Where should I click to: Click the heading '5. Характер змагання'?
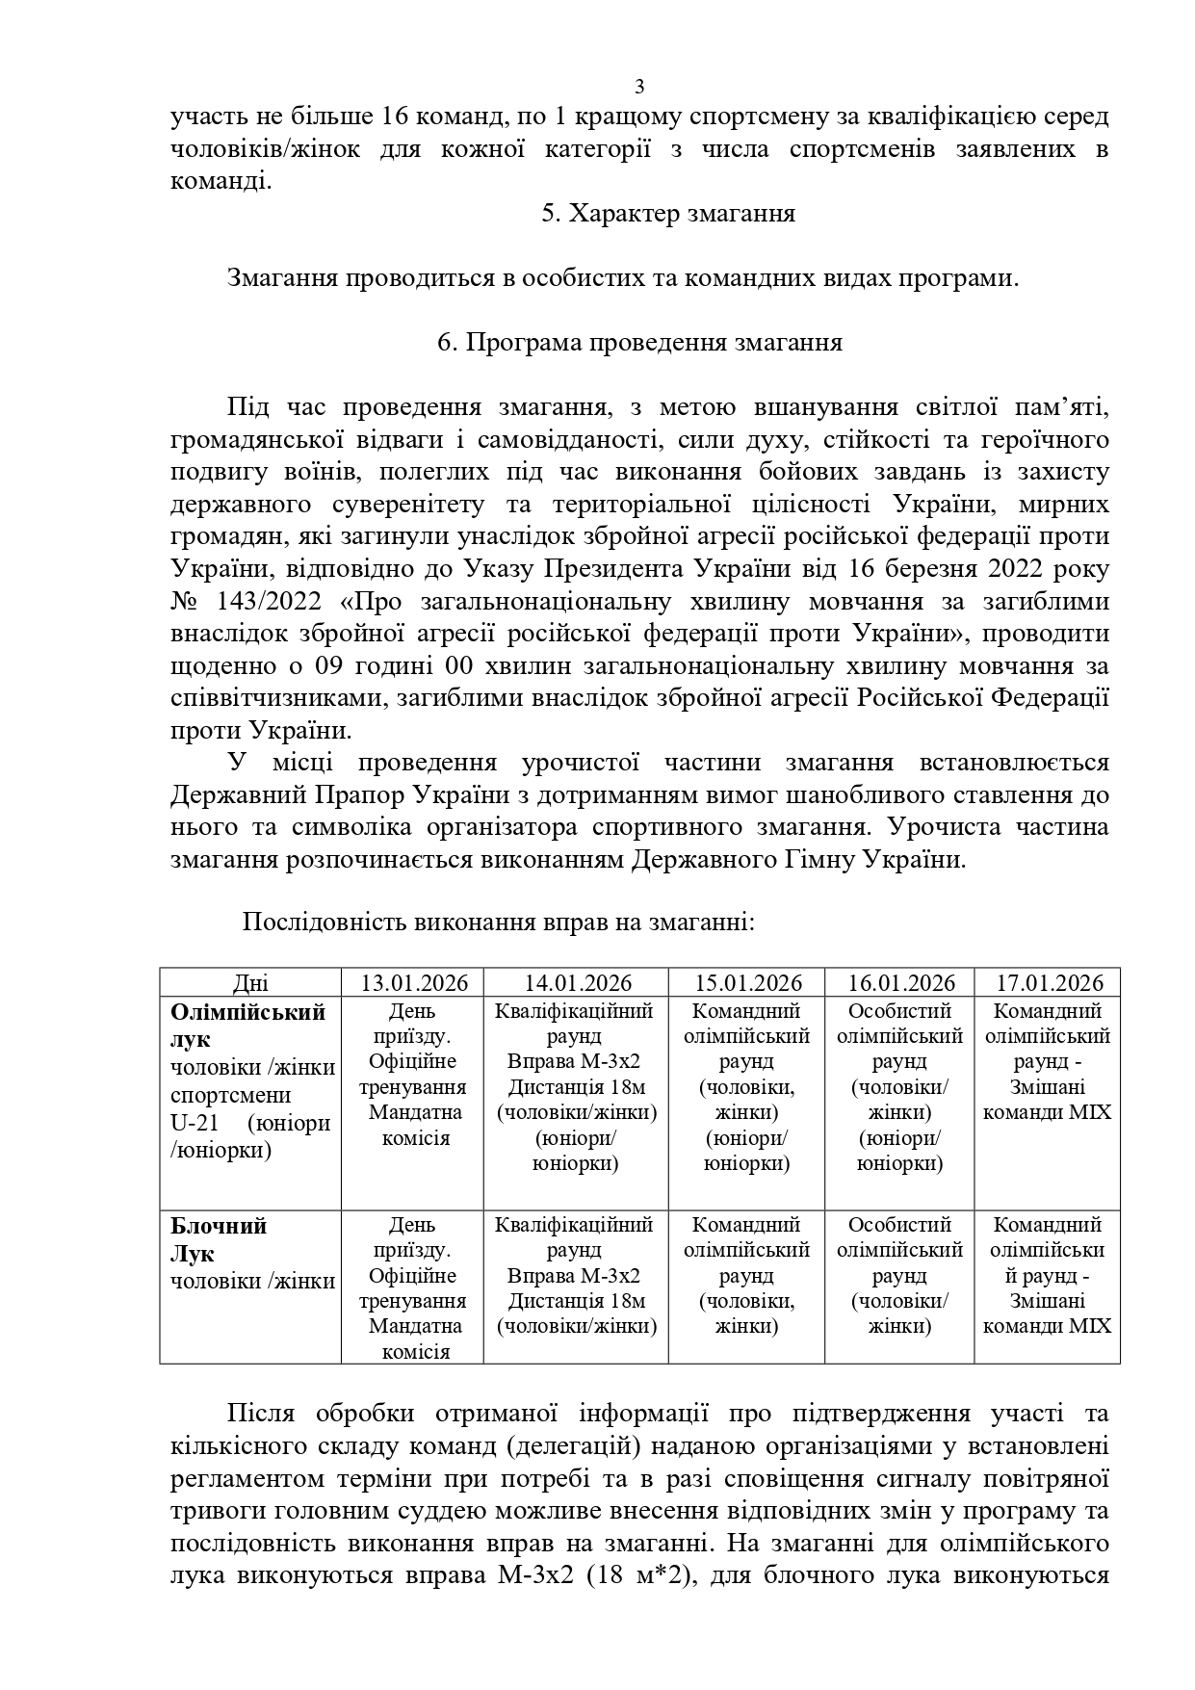click(x=667, y=214)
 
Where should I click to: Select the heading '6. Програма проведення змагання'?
click(x=639, y=343)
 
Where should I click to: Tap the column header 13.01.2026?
click(x=414, y=983)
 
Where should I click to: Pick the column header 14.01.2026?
click(x=578, y=983)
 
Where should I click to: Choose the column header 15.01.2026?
click(x=748, y=983)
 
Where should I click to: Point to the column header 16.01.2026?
click(x=901, y=983)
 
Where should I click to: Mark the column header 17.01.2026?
click(x=1050, y=983)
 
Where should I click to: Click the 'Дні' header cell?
click(x=250, y=983)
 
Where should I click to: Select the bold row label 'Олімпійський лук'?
click(x=247, y=1026)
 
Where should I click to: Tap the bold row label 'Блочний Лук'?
click(x=219, y=1240)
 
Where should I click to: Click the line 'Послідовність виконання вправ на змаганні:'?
click(x=497, y=923)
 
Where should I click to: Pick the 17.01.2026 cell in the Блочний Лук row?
click(x=1050, y=1275)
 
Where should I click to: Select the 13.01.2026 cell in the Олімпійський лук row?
click(x=413, y=1075)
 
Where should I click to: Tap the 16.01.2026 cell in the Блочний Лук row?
click(x=900, y=1275)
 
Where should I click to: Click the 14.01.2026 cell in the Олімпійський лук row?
click(x=576, y=1087)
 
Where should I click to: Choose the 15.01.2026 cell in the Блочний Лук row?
click(x=747, y=1275)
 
